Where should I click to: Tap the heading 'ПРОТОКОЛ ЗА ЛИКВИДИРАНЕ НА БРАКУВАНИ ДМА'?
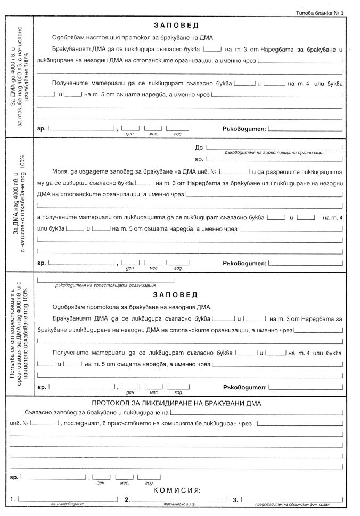(176, 403)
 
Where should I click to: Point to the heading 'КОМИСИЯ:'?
(176, 489)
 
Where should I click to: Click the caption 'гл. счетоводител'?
(68, 504)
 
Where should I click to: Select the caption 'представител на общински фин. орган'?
(293, 504)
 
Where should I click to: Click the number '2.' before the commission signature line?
(127, 499)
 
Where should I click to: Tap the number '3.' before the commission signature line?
(235, 499)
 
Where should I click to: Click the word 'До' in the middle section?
(199, 148)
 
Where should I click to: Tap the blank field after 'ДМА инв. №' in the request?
(234, 172)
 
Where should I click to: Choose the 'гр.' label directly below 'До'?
(199, 159)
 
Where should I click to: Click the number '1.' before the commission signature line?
(12, 499)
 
